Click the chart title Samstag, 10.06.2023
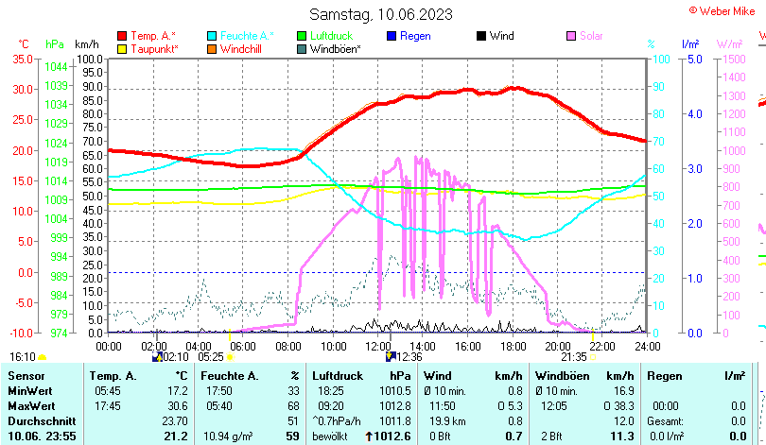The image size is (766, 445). click(x=381, y=14)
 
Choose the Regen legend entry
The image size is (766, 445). click(x=415, y=36)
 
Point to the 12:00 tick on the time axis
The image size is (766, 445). click(x=377, y=346)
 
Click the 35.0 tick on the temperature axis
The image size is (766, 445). click(x=21, y=59)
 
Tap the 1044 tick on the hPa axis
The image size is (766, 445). click(x=56, y=67)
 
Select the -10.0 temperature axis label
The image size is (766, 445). click(x=19, y=333)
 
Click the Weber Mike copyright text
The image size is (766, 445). click(x=725, y=9)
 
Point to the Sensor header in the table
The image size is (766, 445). click(x=26, y=375)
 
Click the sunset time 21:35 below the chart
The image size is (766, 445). click(x=574, y=356)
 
